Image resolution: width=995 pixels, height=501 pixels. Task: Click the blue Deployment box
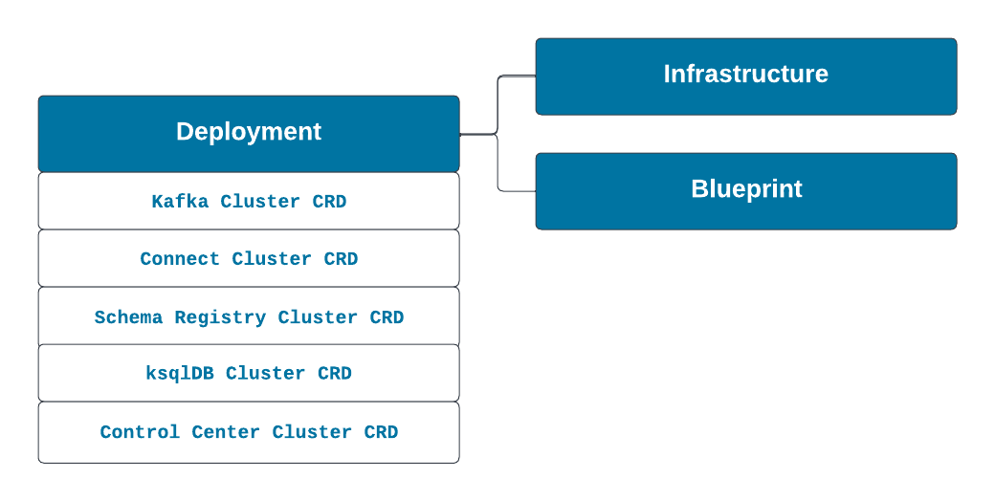[x=249, y=134]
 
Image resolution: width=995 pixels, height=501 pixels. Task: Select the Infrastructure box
[x=746, y=76]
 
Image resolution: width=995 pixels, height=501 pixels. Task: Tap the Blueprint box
[x=746, y=191]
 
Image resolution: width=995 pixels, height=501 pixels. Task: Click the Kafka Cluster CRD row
[x=249, y=201]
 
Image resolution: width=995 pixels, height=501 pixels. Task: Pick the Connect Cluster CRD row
[x=249, y=258]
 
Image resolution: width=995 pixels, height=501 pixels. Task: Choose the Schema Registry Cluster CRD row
[x=249, y=316]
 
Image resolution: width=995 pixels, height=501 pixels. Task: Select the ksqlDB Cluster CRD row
[x=249, y=373]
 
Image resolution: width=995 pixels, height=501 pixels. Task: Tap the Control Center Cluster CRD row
[x=249, y=432]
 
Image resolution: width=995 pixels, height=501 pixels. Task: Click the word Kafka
[x=180, y=201]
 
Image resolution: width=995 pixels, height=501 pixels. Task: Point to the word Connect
[x=180, y=259]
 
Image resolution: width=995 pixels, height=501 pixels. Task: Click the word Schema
[x=128, y=316]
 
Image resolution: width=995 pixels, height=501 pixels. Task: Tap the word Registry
[x=220, y=317]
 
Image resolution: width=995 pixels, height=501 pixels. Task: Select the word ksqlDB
[x=180, y=373]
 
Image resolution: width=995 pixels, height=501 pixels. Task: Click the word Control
[x=140, y=432]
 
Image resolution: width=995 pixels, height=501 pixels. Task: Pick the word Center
[x=225, y=432]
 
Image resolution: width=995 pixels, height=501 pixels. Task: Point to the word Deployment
[x=249, y=132]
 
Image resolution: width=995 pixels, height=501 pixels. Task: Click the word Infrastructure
[x=746, y=74]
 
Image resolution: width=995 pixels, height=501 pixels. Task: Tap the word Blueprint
[x=747, y=189]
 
